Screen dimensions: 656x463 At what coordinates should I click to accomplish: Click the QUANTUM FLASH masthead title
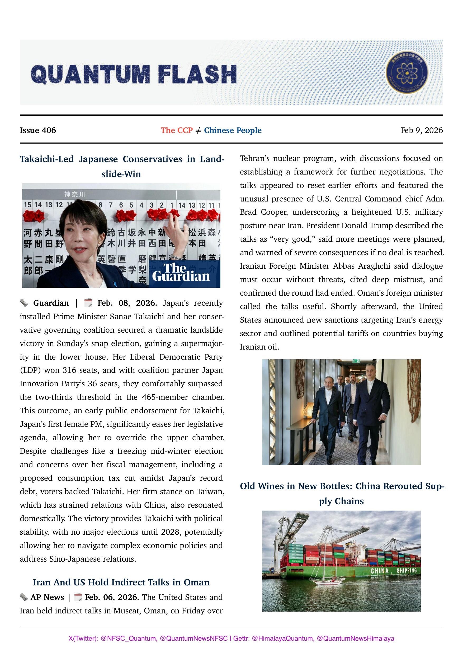click(134, 74)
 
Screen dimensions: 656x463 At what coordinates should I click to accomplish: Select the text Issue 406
click(38, 130)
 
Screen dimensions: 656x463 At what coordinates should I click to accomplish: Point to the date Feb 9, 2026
click(422, 130)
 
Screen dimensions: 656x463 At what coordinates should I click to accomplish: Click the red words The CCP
click(177, 130)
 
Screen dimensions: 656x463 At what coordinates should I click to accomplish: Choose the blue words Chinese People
click(233, 130)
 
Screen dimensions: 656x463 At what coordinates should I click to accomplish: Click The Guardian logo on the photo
click(181, 272)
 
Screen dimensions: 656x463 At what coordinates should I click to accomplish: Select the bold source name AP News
click(47, 597)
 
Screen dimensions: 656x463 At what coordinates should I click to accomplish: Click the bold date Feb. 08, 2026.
click(127, 303)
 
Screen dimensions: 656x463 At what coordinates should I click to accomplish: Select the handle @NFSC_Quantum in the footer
click(128, 638)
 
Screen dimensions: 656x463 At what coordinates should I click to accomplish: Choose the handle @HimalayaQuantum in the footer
click(282, 638)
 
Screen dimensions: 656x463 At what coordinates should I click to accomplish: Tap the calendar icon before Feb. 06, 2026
click(78, 597)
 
